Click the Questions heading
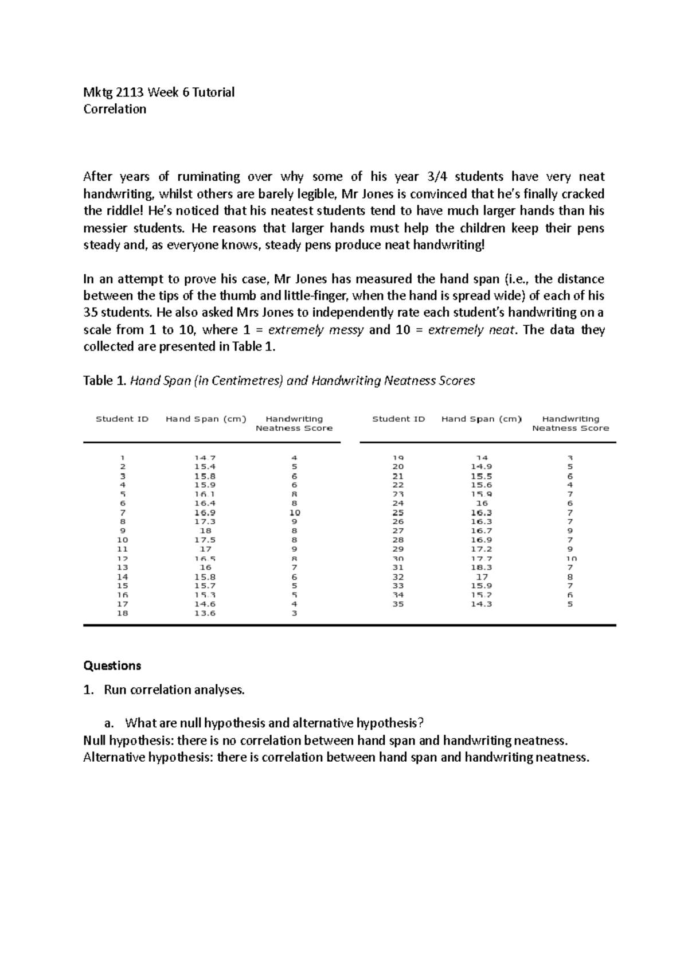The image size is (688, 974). [112, 665]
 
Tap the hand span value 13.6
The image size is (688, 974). [205, 613]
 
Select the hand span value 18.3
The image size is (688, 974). [482, 567]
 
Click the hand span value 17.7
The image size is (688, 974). [482, 558]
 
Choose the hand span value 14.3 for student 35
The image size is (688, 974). [482, 604]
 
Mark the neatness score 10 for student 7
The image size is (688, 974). [294, 512]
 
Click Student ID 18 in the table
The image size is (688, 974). [122, 613]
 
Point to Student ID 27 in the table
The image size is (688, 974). [398, 531]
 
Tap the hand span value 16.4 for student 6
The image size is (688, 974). [205, 503]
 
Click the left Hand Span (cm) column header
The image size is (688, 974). [205, 419]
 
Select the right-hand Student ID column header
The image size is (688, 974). [398, 419]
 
